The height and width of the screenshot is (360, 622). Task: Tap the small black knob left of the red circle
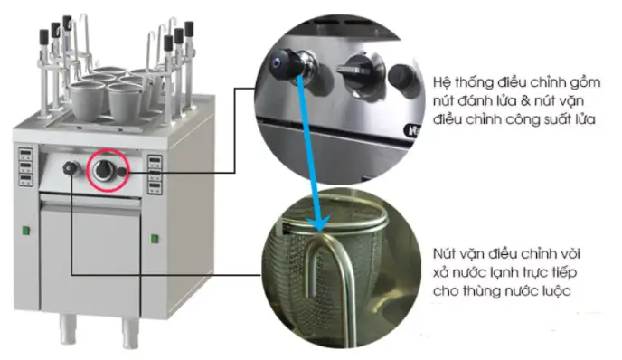point(70,168)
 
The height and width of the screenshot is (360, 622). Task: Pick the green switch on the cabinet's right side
point(154,239)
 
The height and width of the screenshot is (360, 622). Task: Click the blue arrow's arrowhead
point(317,223)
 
